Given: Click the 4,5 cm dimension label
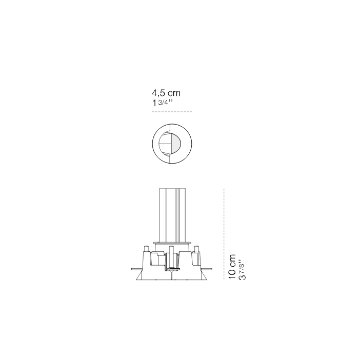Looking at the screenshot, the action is point(166,93).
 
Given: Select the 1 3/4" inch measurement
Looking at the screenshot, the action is point(163,103).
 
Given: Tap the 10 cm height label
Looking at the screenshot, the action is point(232,267).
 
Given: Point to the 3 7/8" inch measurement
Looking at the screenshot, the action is point(242,270).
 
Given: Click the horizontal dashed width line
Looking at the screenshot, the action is point(172,112).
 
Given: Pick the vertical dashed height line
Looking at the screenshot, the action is point(224,234).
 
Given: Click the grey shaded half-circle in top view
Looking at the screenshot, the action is point(175,144).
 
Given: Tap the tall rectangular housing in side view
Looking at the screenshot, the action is point(172,215).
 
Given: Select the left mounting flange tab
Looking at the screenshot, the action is point(136,269).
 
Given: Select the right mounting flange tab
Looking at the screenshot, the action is point(206,269).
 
